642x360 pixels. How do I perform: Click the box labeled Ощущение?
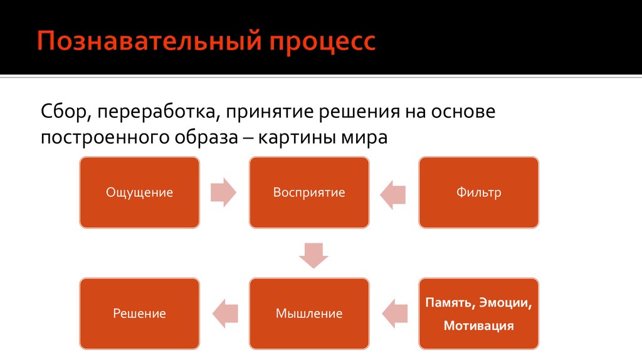(140, 192)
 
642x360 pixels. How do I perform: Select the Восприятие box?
(309, 192)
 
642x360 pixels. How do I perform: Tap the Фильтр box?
(478, 192)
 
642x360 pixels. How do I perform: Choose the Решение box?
(140, 314)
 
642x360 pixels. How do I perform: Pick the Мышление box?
(309, 314)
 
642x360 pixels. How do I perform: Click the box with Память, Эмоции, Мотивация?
(478, 314)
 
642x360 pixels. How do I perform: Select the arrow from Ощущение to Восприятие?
(224, 192)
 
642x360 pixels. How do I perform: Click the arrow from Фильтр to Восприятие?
(392, 194)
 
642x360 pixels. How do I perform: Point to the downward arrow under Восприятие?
(313, 255)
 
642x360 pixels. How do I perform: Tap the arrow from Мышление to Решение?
(225, 314)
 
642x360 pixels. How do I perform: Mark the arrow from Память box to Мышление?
(395, 314)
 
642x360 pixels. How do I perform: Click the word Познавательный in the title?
(149, 41)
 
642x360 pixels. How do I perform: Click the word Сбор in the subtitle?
(66, 112)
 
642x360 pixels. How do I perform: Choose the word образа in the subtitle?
(206, 137)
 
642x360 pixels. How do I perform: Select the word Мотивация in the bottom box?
(478, 326)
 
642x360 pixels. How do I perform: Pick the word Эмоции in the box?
(505, 303)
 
